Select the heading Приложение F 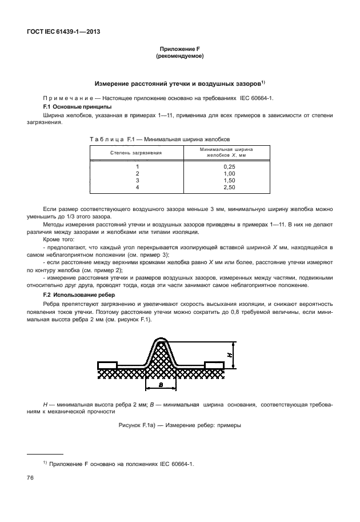click(179, 50)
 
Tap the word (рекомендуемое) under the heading click(179, 57)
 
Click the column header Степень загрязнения click(136, 153)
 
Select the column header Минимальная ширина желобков click(226, 152)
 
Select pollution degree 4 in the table click(137, 187)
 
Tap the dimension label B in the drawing click(162, 386)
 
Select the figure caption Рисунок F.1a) click(179, 425)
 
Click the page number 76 click(29, 477)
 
